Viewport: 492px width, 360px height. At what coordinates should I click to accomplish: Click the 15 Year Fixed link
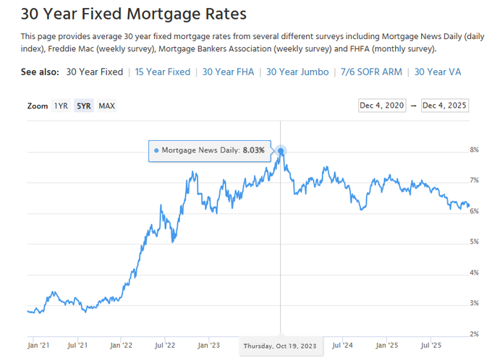point(163,72)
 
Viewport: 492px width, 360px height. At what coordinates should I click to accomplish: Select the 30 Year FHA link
point(228,72)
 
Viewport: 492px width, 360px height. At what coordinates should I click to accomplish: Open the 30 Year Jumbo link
point(297,72)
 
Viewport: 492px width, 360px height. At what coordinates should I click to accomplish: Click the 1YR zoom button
point(61,106)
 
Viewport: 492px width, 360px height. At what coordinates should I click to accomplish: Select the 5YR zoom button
point(84,106)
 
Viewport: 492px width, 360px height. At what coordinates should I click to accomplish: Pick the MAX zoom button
point(106,106)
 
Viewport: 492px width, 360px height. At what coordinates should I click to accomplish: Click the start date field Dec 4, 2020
point(383,106)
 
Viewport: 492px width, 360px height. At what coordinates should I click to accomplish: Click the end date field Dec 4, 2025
point(445,106)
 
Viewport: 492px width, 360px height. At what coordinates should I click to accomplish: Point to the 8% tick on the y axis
point(475,150)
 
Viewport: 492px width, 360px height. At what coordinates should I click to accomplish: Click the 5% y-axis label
point(475,241)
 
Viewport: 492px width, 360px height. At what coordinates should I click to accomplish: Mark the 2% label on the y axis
point(475,334)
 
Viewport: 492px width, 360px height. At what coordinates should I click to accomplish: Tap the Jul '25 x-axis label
point(431,345)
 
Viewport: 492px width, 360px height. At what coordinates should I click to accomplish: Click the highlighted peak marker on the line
point(281,151)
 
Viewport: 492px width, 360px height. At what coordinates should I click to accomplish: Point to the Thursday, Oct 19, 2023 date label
point(280,346)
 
